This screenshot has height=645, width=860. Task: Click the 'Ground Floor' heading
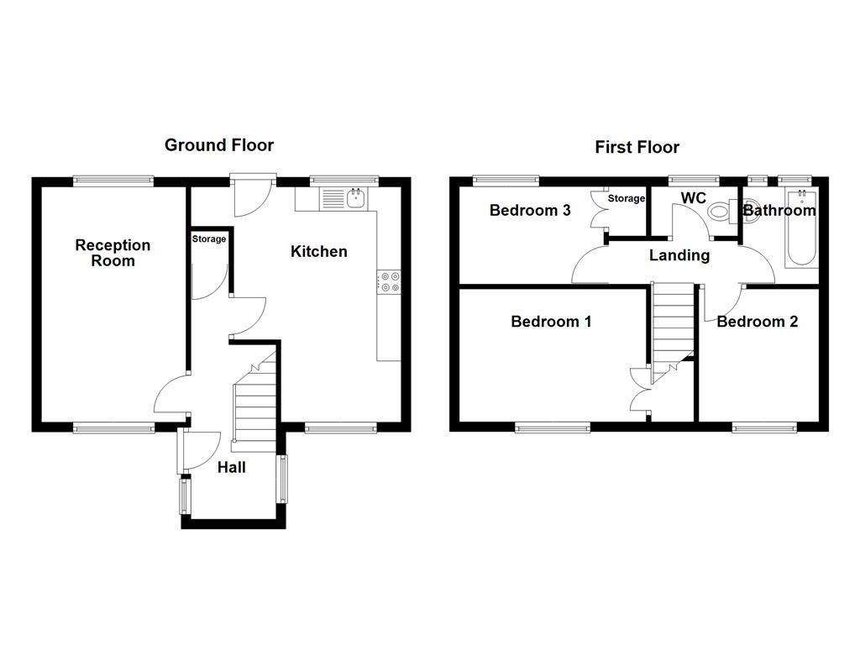pyautogui.click(x=218, y=145)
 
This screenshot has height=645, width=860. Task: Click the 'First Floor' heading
pyautogui.click(x=637, y=148)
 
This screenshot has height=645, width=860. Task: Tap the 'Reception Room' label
pyautogui.click(x=113, y=253)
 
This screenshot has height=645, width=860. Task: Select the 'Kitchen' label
pyautogui.click(x=318, y=251)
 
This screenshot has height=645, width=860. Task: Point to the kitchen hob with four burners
pyautogui.click(x=389, y=282)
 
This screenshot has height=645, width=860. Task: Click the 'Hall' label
pyautogui.click(x=231, y=468)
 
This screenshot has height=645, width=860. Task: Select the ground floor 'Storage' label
pyautogui.click(x=208, y=239)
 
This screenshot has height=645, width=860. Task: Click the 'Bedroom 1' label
pyautogui.click(x=550, y=322)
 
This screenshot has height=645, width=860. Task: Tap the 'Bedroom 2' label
pyautogui.click(x=757, y=322)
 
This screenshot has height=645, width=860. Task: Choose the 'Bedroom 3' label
pyautogui.click(x=530, y=210)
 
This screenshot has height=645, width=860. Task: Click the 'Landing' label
pyautogui.click(x=679, y=255)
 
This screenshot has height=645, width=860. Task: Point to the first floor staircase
pyautogui.click(x=673, y=323)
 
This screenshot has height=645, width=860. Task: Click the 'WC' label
pyautogui.click(x=692, y=198)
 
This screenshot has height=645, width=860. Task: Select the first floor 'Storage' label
pyautogui.click(x=627, y=199)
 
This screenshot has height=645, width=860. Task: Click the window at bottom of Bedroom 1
pyautogui.click(x=552, y=427)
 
